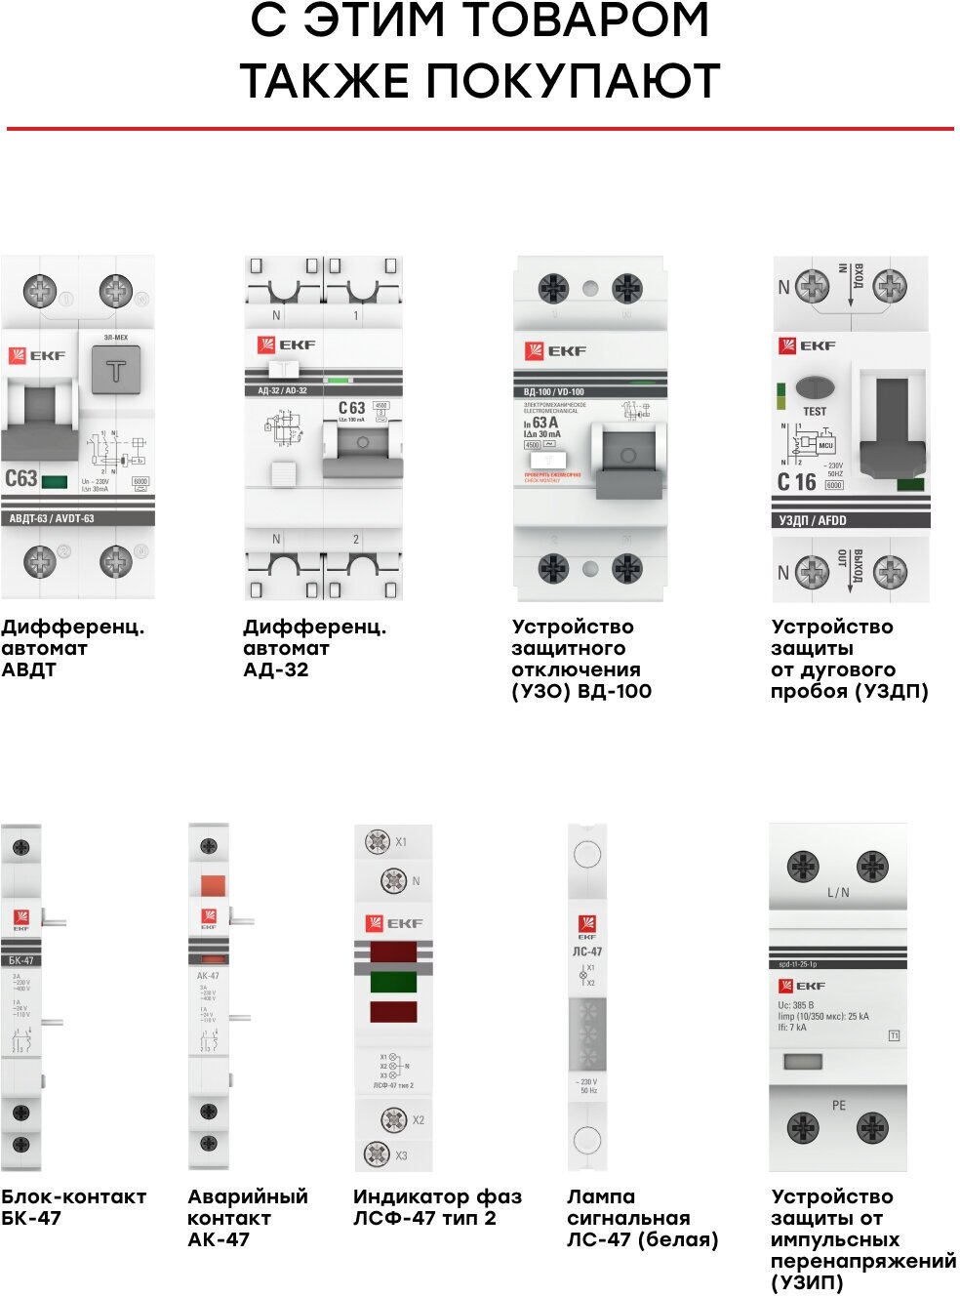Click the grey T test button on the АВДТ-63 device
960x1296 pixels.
coord(115,371)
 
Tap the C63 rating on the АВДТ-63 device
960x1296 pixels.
coord(20,478)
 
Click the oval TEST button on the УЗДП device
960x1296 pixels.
coord(815,387)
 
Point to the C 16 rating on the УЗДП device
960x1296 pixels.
coord(796,482)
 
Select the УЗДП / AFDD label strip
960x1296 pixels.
coord(813,520)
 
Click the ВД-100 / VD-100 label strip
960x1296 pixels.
coord(553,391)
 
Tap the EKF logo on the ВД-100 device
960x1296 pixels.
coord(555,351)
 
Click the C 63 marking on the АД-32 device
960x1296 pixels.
coord(351,408)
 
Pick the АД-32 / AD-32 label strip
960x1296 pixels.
coord(282,390)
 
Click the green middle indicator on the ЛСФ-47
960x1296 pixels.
coord(393,982)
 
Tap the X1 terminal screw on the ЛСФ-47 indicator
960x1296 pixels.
coord(378,842)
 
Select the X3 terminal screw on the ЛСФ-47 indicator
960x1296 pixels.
coord(378,1154)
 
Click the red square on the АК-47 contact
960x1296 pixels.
coord(212,886)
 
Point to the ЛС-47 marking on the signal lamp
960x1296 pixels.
coord(586,952)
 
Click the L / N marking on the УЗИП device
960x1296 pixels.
coord(838,892)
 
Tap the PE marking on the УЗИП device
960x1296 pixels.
coord(838,1106)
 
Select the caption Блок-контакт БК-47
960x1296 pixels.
coord(73,1207)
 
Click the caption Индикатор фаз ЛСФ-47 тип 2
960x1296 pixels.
coord(437,1207)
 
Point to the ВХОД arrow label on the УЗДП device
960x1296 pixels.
coord(857,277)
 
